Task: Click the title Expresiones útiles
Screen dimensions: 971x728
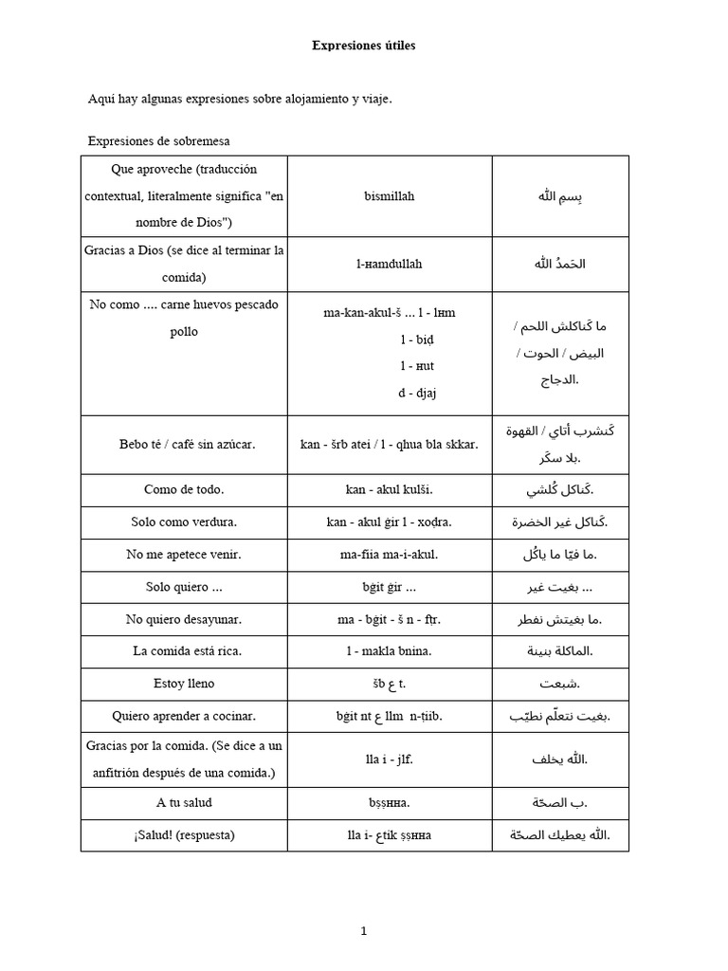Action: pyautogui.click(x=364, y=45)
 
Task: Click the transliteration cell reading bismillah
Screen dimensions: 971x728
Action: pyautogui.click(x=389, y=196)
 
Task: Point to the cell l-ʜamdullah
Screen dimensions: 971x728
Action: pyautogui.click(x=389, y=264)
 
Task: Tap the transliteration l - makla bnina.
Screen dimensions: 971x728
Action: pyautogui.click(x=389, y=651)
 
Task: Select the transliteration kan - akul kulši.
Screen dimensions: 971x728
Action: pyautogui.click(x=389, y=490)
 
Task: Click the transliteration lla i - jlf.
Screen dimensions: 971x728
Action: pyautogui.click(x=389, y=760)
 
